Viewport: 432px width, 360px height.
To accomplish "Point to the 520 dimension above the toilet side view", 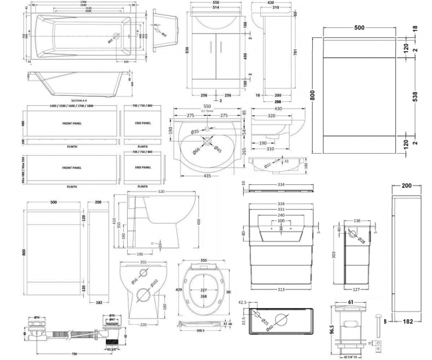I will tap(160, 193).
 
